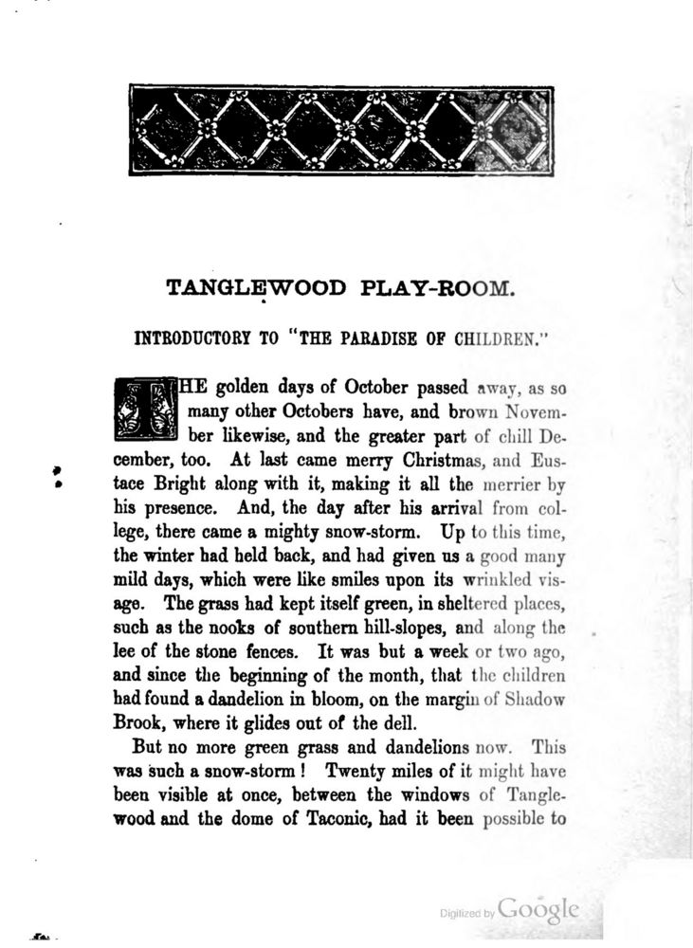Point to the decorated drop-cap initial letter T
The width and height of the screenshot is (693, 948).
click(146, 410)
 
